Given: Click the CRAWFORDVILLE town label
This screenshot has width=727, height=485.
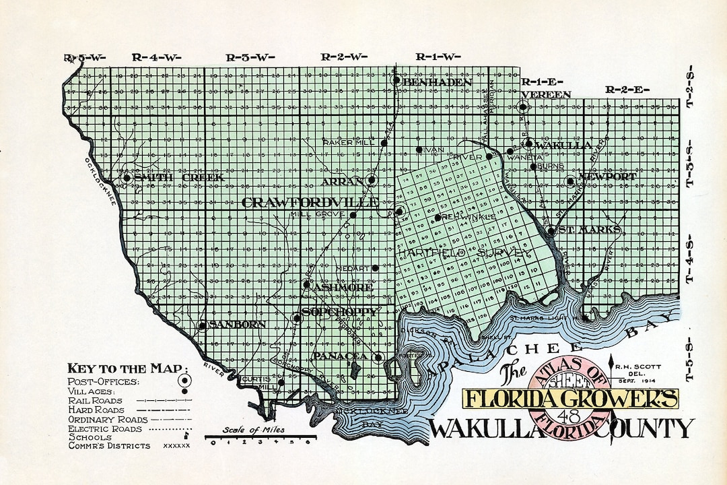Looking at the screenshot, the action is (x=309, y=203).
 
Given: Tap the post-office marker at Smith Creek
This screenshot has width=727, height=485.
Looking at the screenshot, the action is (x=126, y=178).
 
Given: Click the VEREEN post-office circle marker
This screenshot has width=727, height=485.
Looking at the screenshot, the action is (x=523, y=106).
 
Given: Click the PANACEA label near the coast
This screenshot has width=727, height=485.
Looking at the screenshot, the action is (x=339, y=356).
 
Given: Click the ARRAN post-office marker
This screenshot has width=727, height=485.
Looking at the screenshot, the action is (x=372, y=181).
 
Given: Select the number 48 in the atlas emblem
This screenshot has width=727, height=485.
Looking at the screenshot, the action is (x=562, y=416).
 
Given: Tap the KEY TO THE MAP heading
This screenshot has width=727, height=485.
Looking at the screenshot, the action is (x=125, y=368).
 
